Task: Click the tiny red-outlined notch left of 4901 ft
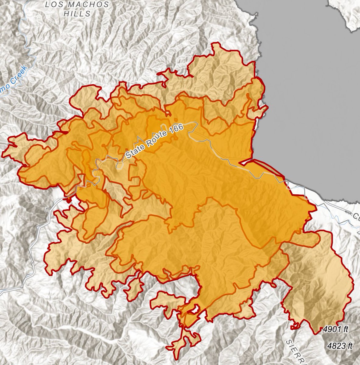(x=294, y=327)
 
